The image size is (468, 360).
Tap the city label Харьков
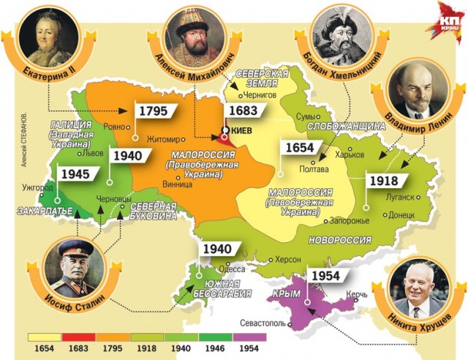pyautogui.click(x=349, y=154)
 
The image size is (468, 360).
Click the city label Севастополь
pyautogui.click(x=264, y=323)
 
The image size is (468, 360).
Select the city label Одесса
pyautogui.click(x=236, y=268)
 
